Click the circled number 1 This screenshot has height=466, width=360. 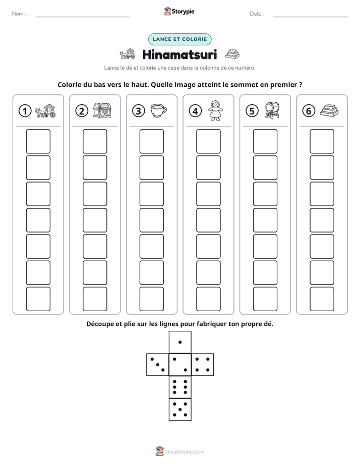tap(25, 111)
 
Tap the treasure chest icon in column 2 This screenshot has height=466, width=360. tap(102, 110)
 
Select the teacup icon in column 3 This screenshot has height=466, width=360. tap(159, 111)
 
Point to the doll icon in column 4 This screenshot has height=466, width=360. tap(215, 111)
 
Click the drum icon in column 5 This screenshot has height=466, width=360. tap(272, 110)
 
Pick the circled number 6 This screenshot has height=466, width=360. tap(309, 111)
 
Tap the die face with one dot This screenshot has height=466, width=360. tap(180, 342)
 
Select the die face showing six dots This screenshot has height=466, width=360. tap(180, 387)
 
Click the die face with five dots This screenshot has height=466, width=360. tap(180, 410)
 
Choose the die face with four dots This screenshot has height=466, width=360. tap(203, 365)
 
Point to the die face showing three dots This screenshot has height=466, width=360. tap(158, 365)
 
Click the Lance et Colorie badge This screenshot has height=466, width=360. tap(179, 39)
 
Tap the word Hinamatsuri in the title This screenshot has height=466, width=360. tap(179, 54)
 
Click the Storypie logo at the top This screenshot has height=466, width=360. tap(179, 12)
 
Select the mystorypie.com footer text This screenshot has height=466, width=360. tap(185, 452)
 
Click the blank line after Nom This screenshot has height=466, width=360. tap(83, 17)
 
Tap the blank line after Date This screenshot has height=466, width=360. tap(311, 17)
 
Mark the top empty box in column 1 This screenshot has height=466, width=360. tap(38, 141)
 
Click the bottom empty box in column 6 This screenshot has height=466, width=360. tap(322, 299)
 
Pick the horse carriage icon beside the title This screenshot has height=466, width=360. tap(128, 54)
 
